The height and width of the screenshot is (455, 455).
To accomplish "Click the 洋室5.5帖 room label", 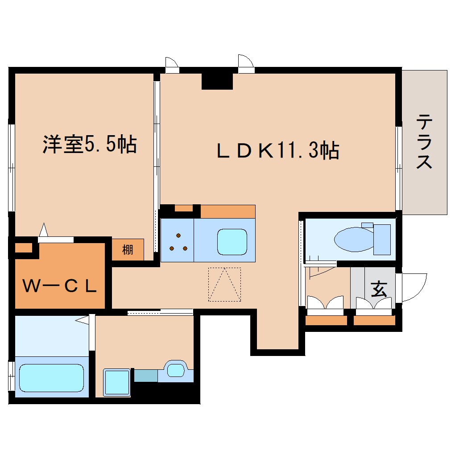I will [89, 145].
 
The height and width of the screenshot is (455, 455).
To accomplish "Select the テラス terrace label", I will [425, 142].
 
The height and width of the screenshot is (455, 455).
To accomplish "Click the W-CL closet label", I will [60, 286].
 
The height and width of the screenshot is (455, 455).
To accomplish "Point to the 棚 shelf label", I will [128, 250].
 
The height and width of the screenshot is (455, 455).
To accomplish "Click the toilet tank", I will [381, 239].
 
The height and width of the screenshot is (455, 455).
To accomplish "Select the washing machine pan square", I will [117, 382].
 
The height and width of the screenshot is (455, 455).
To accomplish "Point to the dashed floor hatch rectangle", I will [224, 285].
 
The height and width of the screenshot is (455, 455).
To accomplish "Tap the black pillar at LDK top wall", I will [217, 80].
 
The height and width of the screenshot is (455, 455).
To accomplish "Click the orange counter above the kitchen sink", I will [227, 211].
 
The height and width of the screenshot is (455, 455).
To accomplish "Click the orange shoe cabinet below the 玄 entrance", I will [375, 320].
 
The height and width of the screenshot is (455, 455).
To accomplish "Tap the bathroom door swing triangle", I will [83, 320].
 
